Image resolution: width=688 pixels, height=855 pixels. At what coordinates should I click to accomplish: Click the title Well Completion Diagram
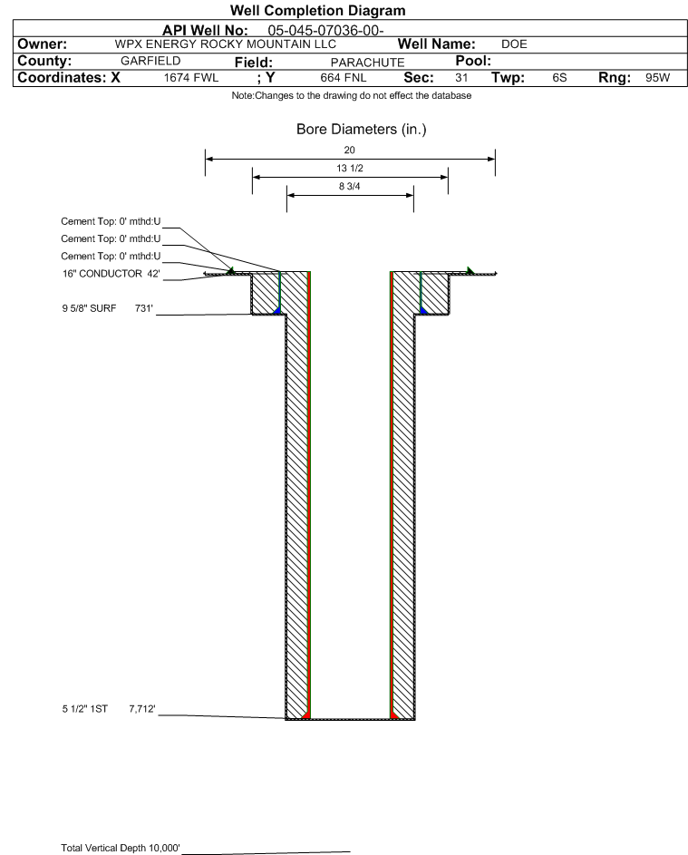(x=318, y=10)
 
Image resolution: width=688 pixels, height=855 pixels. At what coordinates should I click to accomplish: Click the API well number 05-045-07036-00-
(x=326, y=31)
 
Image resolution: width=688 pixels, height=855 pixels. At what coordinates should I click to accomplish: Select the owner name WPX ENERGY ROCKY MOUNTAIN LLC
(x=226, y=44)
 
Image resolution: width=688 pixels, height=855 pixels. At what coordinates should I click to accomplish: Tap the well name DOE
(x=514, y=44)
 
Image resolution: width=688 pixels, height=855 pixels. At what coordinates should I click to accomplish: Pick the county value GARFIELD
(x=150, y=61)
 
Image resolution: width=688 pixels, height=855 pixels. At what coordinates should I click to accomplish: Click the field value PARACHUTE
(x=367, y=63)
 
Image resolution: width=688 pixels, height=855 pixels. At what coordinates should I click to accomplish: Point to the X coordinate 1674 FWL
(x=191, y=77)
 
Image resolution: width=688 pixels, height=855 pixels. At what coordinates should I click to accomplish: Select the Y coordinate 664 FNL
(x=344, y=77)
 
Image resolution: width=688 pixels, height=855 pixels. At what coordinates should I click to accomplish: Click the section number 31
(x=461, y=77)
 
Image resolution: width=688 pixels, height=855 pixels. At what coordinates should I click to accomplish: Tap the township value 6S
(x=560, y=77)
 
